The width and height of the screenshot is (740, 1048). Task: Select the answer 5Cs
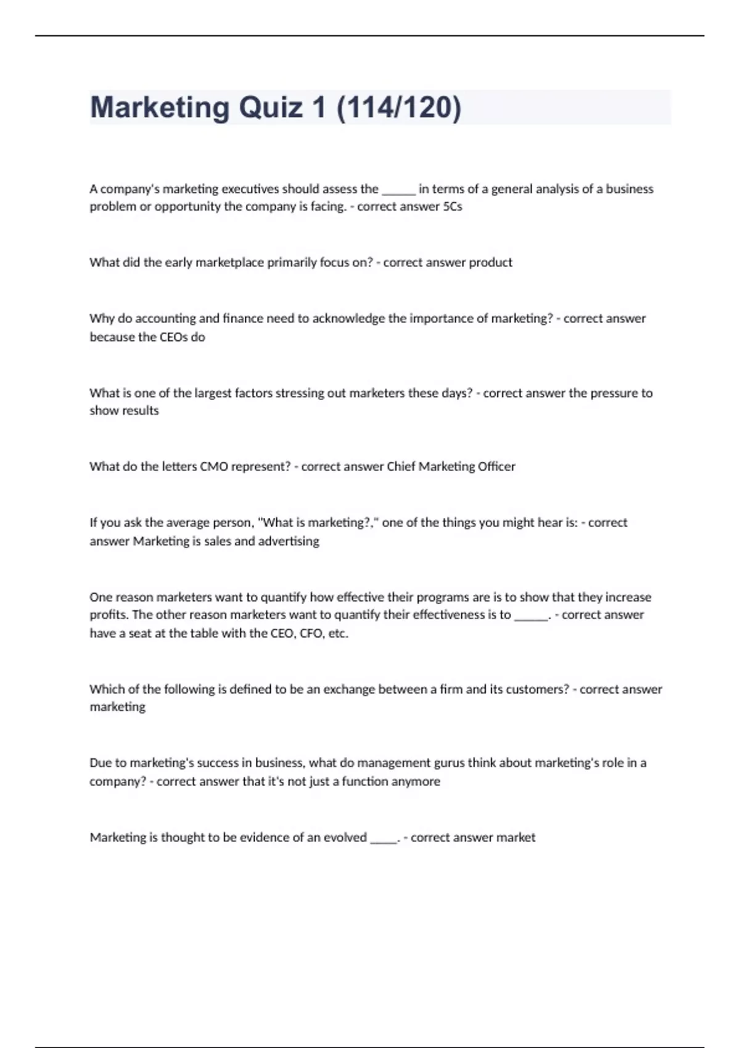pos(453,207)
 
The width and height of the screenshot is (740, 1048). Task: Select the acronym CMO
pos(213,467)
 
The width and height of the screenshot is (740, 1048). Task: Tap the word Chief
pos(401,467)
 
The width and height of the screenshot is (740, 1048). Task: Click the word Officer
pos(496,467)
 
